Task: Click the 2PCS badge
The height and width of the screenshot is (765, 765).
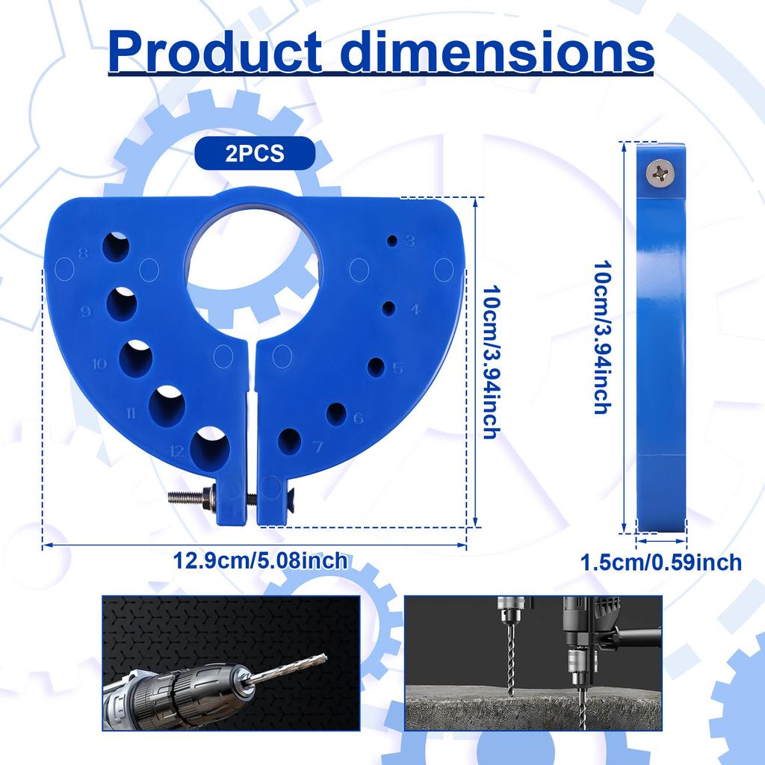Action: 254,154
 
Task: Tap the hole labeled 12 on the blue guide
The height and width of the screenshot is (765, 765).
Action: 209,447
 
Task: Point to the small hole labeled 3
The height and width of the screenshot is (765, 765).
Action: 391,241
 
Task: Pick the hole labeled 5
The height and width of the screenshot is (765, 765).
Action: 377,367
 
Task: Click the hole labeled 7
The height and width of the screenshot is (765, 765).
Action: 290,442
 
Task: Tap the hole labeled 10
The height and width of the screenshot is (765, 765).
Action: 136,358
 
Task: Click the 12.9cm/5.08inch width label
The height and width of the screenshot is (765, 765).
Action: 261,560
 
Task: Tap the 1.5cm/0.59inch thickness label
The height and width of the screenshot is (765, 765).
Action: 662,562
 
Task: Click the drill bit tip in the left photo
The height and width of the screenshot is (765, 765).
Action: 323,657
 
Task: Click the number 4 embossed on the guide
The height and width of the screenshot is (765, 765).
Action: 415,309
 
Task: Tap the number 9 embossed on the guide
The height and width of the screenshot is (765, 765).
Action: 85,312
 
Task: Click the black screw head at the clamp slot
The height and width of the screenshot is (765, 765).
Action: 275,491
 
